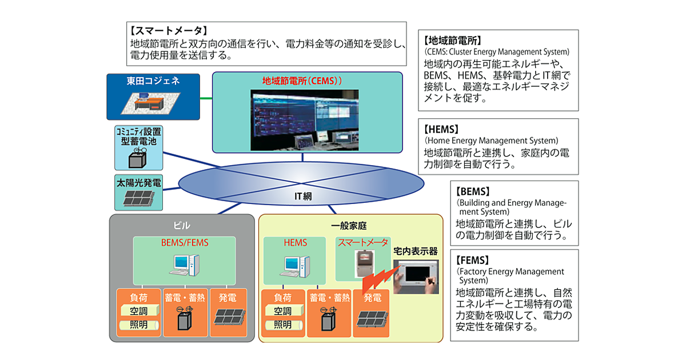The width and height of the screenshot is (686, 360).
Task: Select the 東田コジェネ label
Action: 153,81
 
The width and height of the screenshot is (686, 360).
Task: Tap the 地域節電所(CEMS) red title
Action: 301,81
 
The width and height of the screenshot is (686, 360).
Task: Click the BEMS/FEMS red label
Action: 185,243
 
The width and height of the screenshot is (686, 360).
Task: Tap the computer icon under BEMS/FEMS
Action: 185,264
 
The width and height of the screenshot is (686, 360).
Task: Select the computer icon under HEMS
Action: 297,265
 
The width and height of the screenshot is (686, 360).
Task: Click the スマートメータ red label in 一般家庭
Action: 362,243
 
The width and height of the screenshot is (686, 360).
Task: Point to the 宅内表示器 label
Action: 415,251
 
